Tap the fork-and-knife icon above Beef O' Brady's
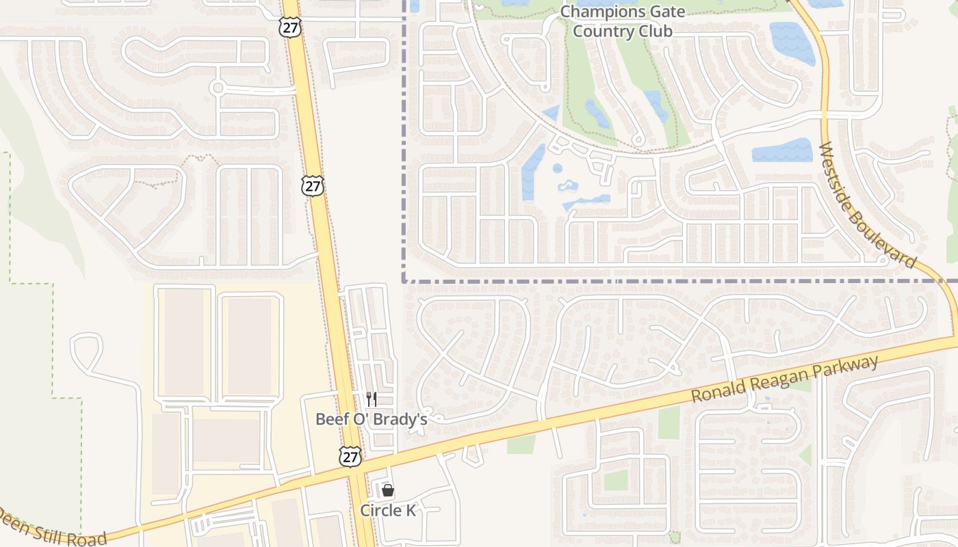372,399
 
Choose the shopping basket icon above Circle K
388,490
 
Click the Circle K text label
388,511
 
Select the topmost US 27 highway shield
289,27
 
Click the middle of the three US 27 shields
313,185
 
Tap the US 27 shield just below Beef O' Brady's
350,457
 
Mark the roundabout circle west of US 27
218,88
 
